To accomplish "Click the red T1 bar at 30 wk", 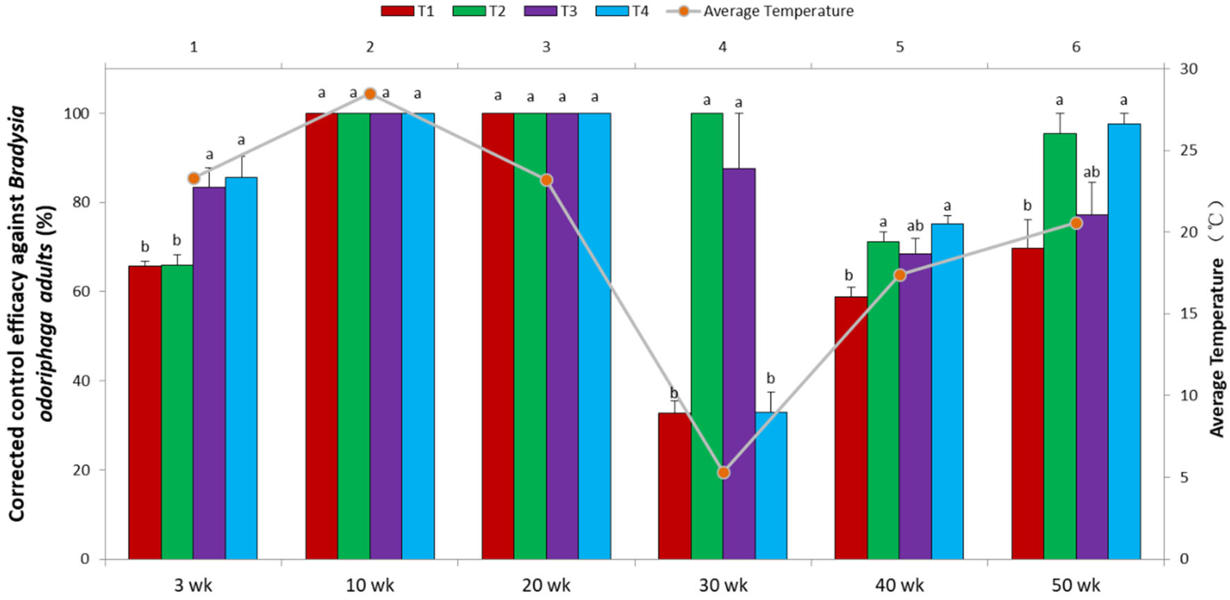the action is coord(674,486).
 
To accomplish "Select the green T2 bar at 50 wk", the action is coord(1060,346).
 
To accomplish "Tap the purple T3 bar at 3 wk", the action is coord(209,373).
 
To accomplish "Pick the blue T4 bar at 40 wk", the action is coord(947,392).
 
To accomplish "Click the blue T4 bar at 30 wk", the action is coord(771,486).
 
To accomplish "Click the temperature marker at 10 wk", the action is coord(370,94).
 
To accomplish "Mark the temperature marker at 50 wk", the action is coord(1076,223).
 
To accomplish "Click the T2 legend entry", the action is coord(479,10).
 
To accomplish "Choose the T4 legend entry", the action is coord(622,10).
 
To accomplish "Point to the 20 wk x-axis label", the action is coord(546,585).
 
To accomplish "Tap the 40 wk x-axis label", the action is coord(900,585).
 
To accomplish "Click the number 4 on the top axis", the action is coord(723,47).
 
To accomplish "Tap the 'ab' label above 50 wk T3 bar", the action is coord(1092,172).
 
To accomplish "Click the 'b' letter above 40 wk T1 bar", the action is coord(848,275).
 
